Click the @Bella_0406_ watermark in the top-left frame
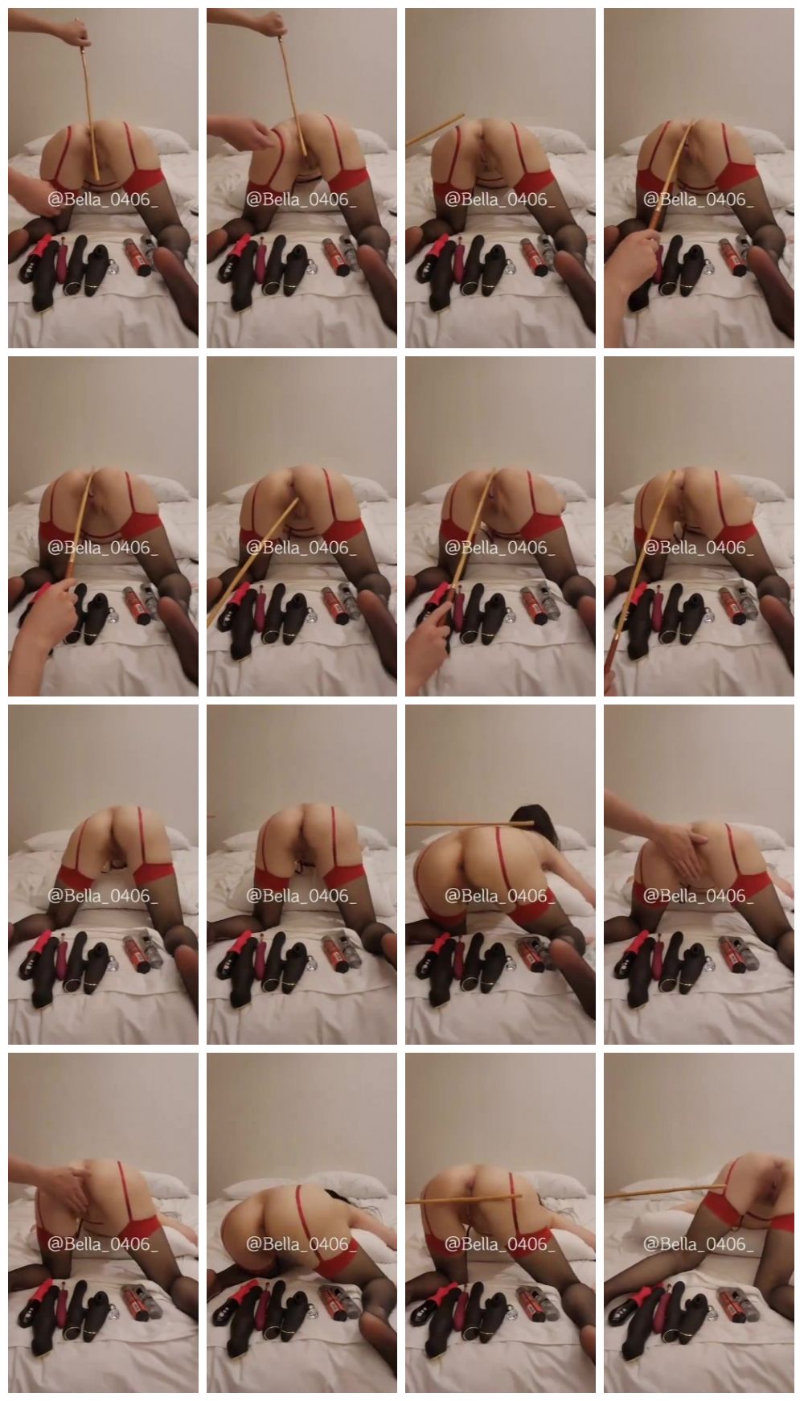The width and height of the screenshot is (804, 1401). tap(103, 199)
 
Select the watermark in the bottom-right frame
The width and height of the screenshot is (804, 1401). tap(699, 1243)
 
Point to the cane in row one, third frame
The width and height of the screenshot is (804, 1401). tap(435, 129)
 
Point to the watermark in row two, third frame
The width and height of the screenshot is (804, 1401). tap(500, 548)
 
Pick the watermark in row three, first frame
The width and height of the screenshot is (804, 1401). tap(103, 896)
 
